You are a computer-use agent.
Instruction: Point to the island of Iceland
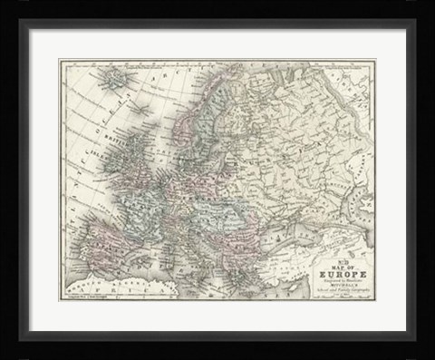click(115, 81)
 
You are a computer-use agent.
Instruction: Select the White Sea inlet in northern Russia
click(272, 91)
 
